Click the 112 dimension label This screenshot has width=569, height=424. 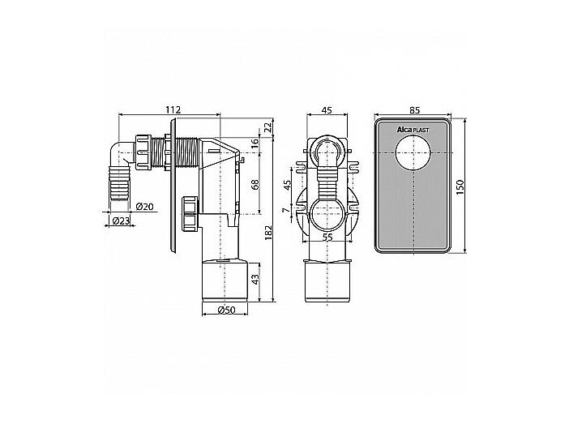[173, 109]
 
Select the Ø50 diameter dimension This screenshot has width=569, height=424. [226, 310]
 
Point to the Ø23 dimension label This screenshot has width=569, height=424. [121, 221]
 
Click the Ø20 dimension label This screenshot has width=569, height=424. [145, 207]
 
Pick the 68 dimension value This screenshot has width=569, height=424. [255, 185]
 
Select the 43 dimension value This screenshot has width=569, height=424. [256, 279]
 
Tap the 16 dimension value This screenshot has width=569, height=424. [255, 142]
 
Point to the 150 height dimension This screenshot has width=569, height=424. [460, 187]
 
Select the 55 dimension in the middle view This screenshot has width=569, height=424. [327, 237]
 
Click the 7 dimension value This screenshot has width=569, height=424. [287, 210]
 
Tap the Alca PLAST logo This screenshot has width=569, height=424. [413, 130]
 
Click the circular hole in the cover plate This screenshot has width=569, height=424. [413, 153]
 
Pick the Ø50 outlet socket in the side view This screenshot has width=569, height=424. [225, 280]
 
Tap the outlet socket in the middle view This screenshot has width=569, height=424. [327, 281]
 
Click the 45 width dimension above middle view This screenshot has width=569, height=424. [327, 109]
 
